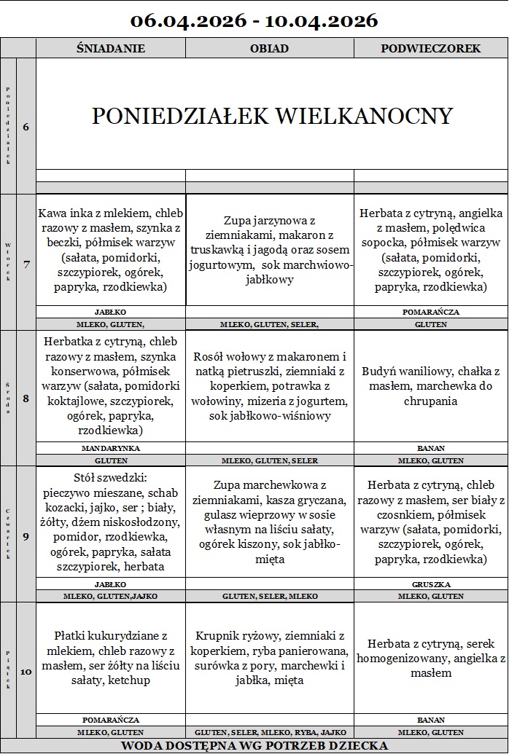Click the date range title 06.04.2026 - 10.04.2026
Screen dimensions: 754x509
(x=254, y=20)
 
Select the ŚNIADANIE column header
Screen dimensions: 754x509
(x=111, y=49)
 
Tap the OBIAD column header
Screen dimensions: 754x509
(x=270, y=49)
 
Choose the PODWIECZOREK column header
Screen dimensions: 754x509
(x=430, y=49)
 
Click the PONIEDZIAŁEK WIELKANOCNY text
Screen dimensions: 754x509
(x=272, y=116)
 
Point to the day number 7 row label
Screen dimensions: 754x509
(x=26, y=264)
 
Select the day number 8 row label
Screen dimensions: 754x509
(x=26, y=398)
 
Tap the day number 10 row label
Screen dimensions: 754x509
(x=26, y=672)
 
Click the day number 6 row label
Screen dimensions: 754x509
(x=26, y=127)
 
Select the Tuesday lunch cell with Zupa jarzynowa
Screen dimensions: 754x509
(x=270, y=250)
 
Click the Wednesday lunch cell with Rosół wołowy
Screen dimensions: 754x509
(x=270, y=386)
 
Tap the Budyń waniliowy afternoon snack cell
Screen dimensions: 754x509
(x=430, y=386)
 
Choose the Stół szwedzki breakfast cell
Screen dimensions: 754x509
(x=111, y=522)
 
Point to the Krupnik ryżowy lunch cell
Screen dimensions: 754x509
(x=270, y=658)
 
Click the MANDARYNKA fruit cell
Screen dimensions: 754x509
(x=111, y=448)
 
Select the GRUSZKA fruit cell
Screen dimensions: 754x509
(x=430, y=584)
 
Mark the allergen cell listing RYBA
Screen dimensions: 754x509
(x=270, y=732)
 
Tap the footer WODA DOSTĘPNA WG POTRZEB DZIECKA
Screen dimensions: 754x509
(x=254, y=745)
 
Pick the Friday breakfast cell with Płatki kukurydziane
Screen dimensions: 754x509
(x=111, y=658)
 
